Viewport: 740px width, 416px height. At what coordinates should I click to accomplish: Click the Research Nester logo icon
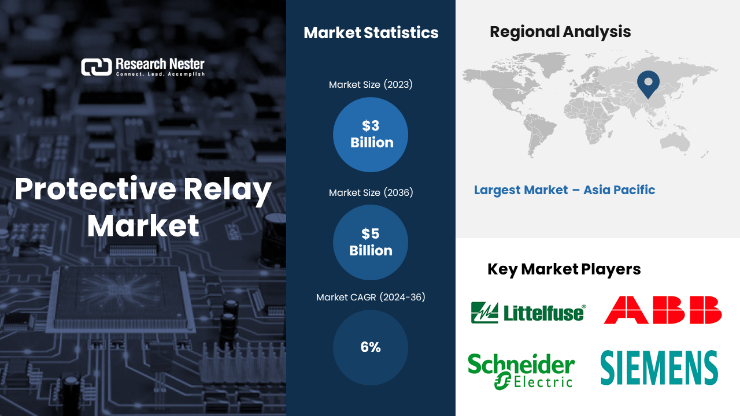tap(96, 67)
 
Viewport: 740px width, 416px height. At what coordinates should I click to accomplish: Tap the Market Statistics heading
tap(371, 33)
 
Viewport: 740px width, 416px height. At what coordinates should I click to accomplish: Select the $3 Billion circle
tap(371, 135)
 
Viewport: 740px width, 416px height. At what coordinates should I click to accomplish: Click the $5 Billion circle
tap(371, 242)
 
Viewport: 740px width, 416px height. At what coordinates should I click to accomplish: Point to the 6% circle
tap(371, 347)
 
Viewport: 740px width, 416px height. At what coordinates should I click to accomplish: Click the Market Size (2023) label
tap(371, 85)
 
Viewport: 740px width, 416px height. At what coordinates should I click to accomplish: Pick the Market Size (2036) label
tap(371, 192)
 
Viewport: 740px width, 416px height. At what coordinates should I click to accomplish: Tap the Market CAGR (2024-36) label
tap(371, 298)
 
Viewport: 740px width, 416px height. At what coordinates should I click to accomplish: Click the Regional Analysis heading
tap(560, 32)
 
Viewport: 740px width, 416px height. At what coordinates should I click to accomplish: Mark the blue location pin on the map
tap(648, 83)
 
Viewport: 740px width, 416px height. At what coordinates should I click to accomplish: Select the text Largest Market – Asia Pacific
tap(564, 190)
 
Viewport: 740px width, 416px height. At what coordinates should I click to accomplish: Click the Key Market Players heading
tap(564, 269)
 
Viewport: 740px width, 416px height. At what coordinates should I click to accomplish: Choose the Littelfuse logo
tap(528, 313)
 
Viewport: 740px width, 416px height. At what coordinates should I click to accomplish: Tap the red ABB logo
tap(663, 310)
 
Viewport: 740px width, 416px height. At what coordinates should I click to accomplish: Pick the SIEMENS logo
tap(659, 367)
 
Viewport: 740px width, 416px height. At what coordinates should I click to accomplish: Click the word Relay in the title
tap(230, 190)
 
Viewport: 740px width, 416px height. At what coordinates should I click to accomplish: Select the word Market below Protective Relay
tap(143, 225)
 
